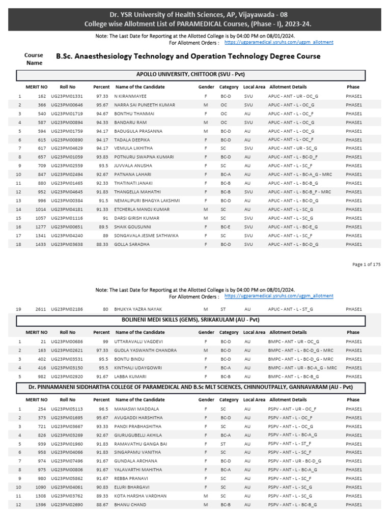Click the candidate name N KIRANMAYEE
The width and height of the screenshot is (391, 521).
coord(130,96)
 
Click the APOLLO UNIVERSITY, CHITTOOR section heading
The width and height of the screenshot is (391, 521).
coord(191,74)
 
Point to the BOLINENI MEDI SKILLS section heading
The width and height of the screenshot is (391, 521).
coord(191,321)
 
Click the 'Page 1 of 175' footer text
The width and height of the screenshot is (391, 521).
coord(366,264)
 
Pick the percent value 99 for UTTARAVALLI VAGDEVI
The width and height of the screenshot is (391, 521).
coord(105,341)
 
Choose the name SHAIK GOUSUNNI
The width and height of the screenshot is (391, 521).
coord(132,227)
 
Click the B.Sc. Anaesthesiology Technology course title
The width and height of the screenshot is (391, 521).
coord(188,56)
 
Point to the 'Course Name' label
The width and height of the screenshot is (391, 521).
coord(34,59)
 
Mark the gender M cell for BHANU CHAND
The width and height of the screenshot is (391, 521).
coord(205,505)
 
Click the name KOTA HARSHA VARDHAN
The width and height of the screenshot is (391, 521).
coord(138,496)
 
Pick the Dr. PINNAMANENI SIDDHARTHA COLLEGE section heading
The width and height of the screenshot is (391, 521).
coord(191,388)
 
